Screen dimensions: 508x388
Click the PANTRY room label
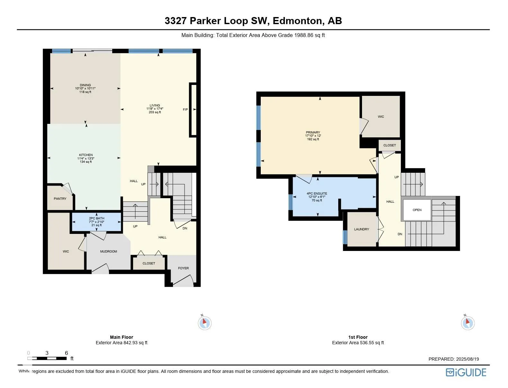click(60, 199)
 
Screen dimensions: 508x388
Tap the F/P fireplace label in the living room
click(185, 109)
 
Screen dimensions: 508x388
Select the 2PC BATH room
click(96, 222)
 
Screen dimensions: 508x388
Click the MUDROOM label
click(109, 251)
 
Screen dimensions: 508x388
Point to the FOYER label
click(183, 268)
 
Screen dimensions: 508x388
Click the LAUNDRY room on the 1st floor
click(362, 229)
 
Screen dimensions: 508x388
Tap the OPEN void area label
click(417, 210)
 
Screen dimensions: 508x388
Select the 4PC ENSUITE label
click(317, 194)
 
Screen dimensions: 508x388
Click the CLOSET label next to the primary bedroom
click(389, 145)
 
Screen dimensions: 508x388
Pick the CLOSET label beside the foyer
click(149, 263)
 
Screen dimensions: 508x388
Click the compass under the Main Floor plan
click(204, 323)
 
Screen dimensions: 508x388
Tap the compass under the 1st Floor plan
click(468, 323)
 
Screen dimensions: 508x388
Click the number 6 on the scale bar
click(67, 353)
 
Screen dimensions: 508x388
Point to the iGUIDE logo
click(466, 373)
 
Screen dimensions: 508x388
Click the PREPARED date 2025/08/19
click(467, 359)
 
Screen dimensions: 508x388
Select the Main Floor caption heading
click(122, 337)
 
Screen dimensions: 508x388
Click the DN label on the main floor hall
click(185, 228)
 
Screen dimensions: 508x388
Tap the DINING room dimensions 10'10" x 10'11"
click(85, 88)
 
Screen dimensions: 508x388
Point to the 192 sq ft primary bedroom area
click(313, 139)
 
